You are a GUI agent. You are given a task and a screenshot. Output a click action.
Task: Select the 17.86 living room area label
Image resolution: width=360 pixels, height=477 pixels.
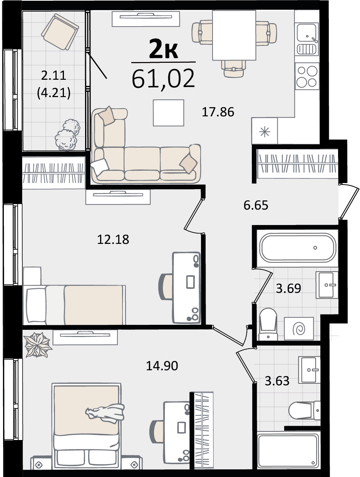[x=218, y=112]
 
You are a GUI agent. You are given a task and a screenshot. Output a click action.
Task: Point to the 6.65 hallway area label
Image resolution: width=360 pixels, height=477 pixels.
[x=256, y=205]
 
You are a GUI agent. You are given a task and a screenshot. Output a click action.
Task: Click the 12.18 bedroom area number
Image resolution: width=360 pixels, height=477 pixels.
[x=113, y=239]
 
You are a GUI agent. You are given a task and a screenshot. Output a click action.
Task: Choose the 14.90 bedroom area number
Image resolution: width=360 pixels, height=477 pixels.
[x=162, y=366]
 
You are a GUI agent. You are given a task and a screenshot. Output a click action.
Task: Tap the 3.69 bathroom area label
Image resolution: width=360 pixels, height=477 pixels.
[x=288, y=288]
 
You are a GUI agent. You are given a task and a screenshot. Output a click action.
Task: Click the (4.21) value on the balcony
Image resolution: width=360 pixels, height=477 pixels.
[x=54, y=93]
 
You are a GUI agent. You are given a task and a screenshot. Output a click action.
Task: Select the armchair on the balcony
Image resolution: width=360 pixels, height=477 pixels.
[x=60, y=32]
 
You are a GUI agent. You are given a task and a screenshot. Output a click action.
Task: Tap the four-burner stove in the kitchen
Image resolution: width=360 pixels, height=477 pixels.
[x=307, y=77]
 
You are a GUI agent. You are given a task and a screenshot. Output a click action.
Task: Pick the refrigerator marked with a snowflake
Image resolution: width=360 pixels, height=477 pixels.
[x=265, y=131]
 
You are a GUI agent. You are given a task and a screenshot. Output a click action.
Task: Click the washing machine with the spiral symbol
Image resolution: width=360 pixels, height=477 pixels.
[x=299, y=328]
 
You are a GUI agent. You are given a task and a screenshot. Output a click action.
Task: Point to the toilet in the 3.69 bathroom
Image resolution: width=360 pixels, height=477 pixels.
[x=268, y=324]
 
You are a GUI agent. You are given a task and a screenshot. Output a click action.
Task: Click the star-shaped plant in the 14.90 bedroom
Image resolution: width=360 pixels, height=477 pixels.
[x=37, y=345]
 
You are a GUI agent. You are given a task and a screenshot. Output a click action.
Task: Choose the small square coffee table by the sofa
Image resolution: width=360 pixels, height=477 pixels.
[x=169, y=113]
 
